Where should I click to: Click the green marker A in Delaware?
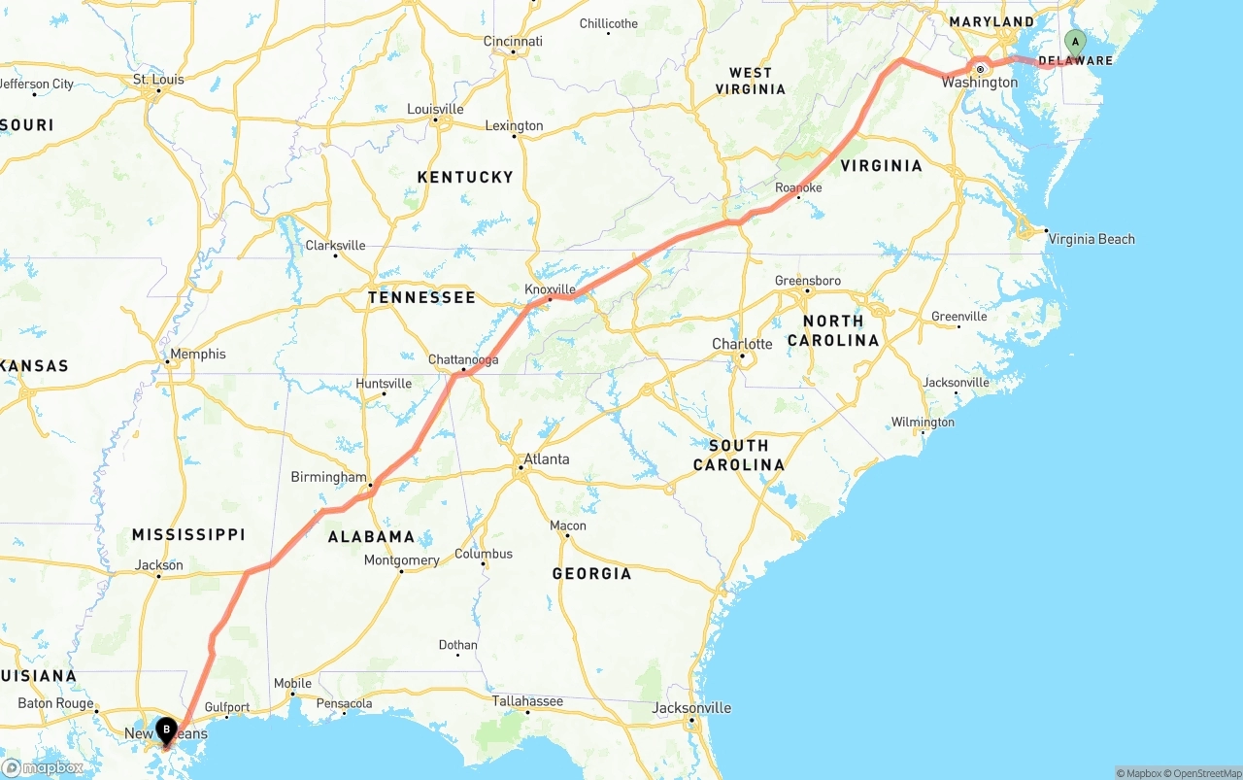point(1074,42)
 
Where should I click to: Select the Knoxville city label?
point(550,289)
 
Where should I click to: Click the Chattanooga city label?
point(463,359)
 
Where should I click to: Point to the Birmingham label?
point(328,477)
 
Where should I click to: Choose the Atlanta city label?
point(546,458)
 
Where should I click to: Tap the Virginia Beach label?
point(1091,239)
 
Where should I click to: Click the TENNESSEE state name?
point(421,297)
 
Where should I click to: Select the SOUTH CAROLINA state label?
point(738,455)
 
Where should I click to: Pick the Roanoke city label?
point(798,187)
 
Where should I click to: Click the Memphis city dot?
point(167,362)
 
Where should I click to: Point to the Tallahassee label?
point(527,700)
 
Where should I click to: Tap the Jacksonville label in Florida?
point(691,707)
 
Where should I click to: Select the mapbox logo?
point(44,766)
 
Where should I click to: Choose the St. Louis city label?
point(158,79)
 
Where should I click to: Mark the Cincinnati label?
point(513,41)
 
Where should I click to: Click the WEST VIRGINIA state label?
point(751,81)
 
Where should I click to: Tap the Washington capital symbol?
point(981,70)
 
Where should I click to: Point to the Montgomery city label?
point(401,560)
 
